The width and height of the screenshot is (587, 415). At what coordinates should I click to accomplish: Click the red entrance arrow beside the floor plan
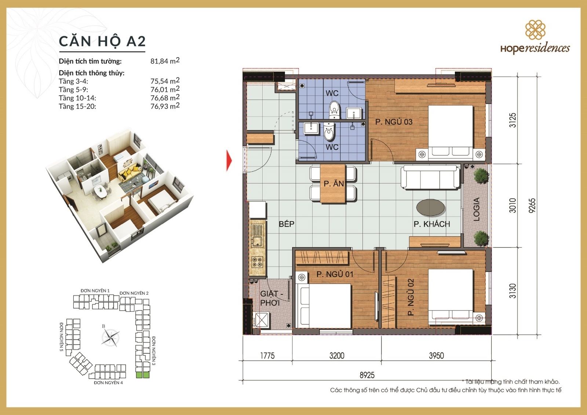click(x=229, y=160)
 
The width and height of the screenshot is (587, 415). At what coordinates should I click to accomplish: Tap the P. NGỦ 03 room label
click(x=394, y=122)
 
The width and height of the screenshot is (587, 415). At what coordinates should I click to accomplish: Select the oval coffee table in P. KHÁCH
click(x=431, y=207)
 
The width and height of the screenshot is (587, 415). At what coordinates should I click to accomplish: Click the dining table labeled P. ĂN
click(x=333, y=183)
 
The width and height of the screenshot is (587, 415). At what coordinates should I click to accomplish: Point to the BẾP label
click(x=287, y=224)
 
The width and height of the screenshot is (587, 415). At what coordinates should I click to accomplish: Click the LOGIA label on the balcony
click(x=476, y=209)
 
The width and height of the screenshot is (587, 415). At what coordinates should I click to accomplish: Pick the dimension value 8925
click(x=367, y=375)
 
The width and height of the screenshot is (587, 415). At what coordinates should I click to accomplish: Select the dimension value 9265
click(x=532, y=205)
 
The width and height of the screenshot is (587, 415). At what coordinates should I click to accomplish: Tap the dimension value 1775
click(x=267, y=356)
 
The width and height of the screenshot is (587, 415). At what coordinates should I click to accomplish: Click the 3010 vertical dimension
click(x=513, y=205)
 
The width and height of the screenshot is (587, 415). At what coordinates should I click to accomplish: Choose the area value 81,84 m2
click(x=165, y=61)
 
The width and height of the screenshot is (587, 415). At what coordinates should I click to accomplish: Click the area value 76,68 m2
click(x=165, y=98)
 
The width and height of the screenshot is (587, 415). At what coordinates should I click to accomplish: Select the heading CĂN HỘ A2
click(x=102, y=41)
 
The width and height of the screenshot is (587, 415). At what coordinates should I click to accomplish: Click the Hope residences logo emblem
click(x=535, y=30)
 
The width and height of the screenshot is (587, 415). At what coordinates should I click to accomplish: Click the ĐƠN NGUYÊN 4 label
click(x=108, y=383)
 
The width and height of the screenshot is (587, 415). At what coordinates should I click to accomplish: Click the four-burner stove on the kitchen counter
click(x=257, y=262)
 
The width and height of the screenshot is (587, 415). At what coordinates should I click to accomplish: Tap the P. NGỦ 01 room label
click(x=335, y=274)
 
